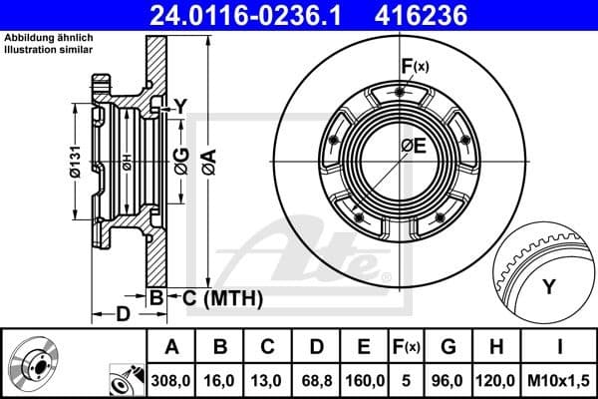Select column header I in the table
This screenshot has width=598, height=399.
pyautogui.click(x=560, y=347)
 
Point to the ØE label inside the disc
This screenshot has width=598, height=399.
pyautogui.click(x=413, y=147)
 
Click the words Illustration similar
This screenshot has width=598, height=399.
pyautogui.click(x=48, y=48)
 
